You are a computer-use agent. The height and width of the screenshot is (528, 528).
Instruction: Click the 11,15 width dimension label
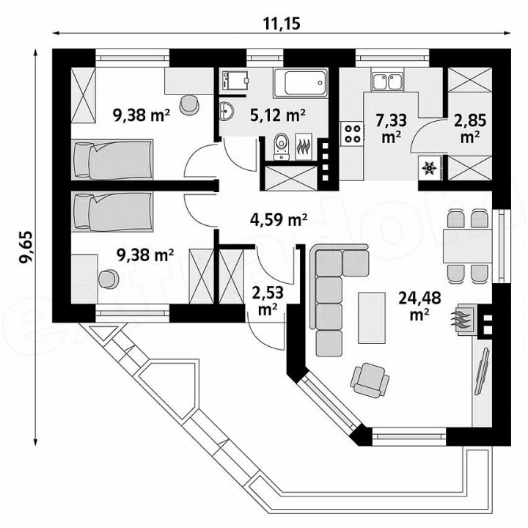pyautogui.click(x=281, y=23)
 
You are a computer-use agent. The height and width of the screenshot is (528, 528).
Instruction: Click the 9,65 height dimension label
pyautogui.click(x=26, y=248)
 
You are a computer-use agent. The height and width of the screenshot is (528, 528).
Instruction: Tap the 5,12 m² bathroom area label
pyautogui.click(x=278, y=116)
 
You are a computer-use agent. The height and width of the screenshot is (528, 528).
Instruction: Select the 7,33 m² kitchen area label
pyautogui.click(x=391, y=129)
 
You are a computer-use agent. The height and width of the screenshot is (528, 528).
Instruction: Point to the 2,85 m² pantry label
pyautogui.click(x=470, y=128)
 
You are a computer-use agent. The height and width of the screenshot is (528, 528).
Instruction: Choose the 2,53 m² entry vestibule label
pyautogui.click(x=268, y=301)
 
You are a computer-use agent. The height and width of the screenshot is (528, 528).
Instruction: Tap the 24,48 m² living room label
pyautogui.click(x=419, y=306)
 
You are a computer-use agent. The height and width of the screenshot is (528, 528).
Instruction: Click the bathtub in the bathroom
pyautogui.click(x=301, y=83)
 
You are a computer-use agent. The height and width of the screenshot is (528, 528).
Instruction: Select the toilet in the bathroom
pyautogui.click(x=280, y=147)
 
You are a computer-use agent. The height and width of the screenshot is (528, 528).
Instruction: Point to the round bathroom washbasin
pyautogui.click(x=226, y=111)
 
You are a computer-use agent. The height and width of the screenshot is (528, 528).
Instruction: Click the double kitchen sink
pyautogui.click(x=387, y=81)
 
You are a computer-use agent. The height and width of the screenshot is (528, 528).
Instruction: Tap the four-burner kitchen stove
pyautogui.click(x=353, y=133)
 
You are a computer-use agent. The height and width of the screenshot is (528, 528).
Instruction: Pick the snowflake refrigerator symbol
pyautogui.click(x=429, y=166)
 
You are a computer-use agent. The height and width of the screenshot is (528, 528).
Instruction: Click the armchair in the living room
pyautogui.click(x=370, y=380)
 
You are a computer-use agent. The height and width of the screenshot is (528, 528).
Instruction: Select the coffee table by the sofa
pyautogui.click(x=371, y=318)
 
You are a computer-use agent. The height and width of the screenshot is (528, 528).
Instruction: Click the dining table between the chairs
pyautogui.click(x=467, y=246)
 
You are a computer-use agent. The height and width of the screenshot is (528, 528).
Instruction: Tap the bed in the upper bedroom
pyautogui.click(x=112, y=160)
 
